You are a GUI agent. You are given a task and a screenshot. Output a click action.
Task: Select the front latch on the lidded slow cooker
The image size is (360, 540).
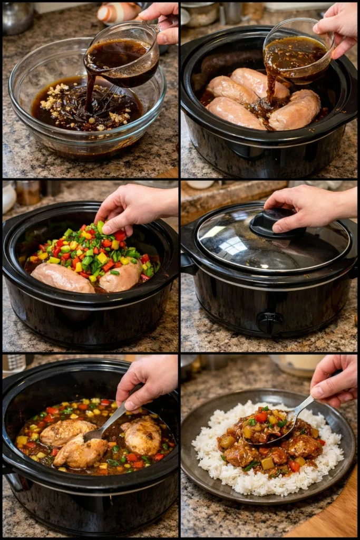coord(270,321)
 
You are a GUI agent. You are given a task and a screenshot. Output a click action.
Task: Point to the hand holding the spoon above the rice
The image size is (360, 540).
coord(335,380)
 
